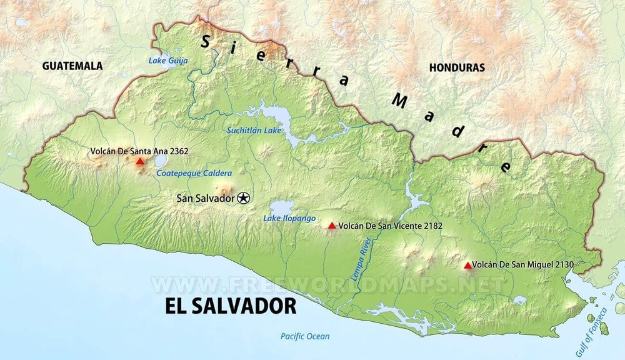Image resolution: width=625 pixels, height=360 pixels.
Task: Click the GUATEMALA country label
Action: [72, 66]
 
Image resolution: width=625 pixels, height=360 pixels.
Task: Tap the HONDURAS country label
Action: [457, 67]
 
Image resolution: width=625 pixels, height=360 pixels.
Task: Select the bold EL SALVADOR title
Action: [231, 306]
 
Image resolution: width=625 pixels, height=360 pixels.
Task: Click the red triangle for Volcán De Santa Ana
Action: [140, 161]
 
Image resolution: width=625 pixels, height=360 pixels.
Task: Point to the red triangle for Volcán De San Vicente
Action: [332, 226]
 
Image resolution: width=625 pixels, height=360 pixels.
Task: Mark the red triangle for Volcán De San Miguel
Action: [467, 266]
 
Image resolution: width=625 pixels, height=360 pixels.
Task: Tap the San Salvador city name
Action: [206, 198]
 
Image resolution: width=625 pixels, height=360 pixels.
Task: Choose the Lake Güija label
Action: [167, 61]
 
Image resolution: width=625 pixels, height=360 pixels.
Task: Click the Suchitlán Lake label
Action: [254, 130]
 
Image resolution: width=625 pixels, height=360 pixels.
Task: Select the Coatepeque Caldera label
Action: [194, 173]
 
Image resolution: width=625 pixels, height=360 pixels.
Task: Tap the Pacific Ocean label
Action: [304, 336]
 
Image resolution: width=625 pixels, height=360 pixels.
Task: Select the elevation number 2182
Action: [417, 226]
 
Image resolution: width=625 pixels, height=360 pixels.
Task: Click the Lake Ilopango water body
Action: [282, 207]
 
